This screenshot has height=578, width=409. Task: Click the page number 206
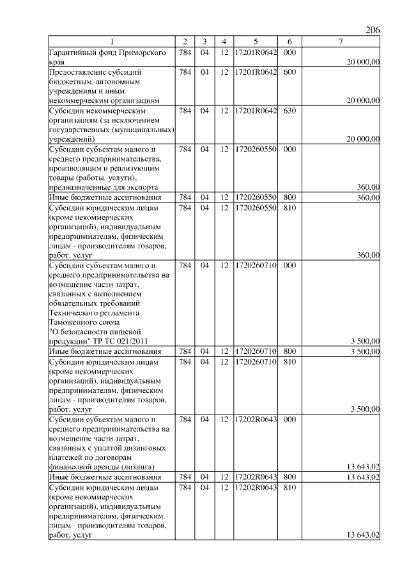point(373,31)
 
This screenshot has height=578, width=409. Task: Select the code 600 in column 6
point(289,72)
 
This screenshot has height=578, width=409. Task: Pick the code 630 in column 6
point(289,110)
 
